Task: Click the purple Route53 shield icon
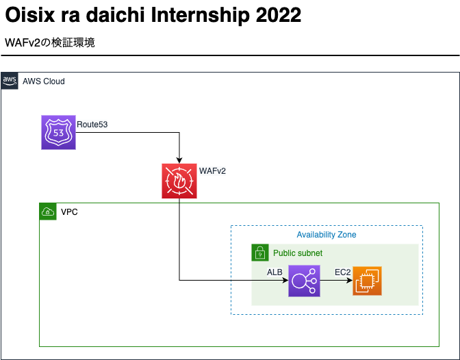pos(58,132)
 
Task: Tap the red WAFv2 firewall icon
pos(179,181)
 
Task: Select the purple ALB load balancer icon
pos(304,281)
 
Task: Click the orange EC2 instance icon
pos(367,281)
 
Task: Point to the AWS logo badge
pos(10,81)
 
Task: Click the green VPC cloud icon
pos(48,211)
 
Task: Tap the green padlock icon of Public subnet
pos(260,253)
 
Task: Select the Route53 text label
pos(92,125)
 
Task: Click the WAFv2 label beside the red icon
pos(212,170)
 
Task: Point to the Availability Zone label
pos(327,235)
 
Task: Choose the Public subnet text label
pos(298,253)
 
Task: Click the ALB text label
pos(274,272)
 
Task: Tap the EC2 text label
pos(343,272)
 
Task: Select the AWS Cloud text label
pos(44,81)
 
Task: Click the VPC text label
pos(69,212)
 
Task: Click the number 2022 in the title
pos(279,15)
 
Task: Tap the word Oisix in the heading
pos(30,15)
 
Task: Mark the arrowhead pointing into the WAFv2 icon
pos(179,160)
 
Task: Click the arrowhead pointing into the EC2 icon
pos(349,281)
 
